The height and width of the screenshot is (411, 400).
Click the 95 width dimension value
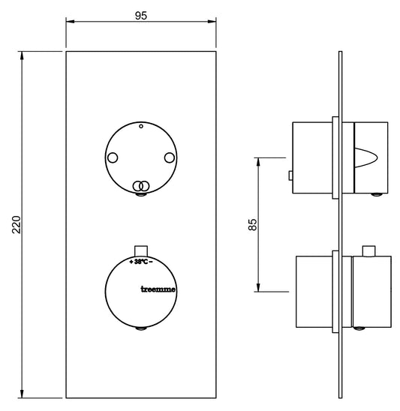(141, 16)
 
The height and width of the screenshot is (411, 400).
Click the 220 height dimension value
(17, 224)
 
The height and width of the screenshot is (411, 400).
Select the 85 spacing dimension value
(252, 224)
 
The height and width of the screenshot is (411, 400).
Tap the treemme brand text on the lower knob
(158, 289)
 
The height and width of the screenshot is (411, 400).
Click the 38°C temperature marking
(141, 261)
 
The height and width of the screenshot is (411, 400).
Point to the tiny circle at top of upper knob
(141, 126)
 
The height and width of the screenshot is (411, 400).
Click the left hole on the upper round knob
(113, 157)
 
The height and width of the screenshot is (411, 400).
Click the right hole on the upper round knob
(170, 157)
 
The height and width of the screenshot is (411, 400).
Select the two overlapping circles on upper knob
(141, 186)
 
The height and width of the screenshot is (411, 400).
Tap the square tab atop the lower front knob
(141, 250)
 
